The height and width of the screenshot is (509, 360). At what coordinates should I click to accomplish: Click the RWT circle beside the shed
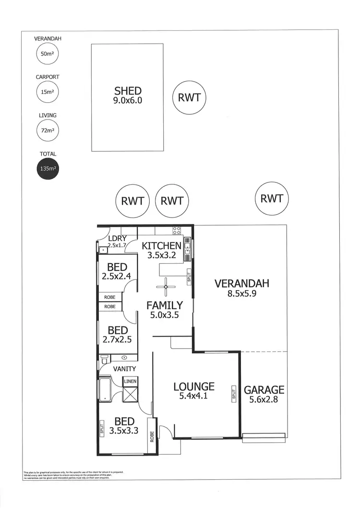189,97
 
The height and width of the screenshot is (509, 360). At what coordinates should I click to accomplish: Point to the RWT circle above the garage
271,198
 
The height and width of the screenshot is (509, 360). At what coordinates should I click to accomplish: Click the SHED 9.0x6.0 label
128,95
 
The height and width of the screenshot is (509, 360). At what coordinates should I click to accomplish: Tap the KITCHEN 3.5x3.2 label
161,250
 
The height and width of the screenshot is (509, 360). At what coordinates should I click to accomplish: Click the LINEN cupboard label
130,381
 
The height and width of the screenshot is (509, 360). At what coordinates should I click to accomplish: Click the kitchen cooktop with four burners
177,230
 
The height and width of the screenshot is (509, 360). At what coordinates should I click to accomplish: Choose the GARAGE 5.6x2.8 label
264,394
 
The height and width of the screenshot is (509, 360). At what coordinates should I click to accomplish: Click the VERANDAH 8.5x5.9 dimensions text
241,293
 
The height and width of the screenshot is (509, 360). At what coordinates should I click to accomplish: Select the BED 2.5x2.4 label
118,271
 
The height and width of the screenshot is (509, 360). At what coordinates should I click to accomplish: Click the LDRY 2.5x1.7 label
117,242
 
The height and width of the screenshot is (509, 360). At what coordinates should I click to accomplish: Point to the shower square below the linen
130,395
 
